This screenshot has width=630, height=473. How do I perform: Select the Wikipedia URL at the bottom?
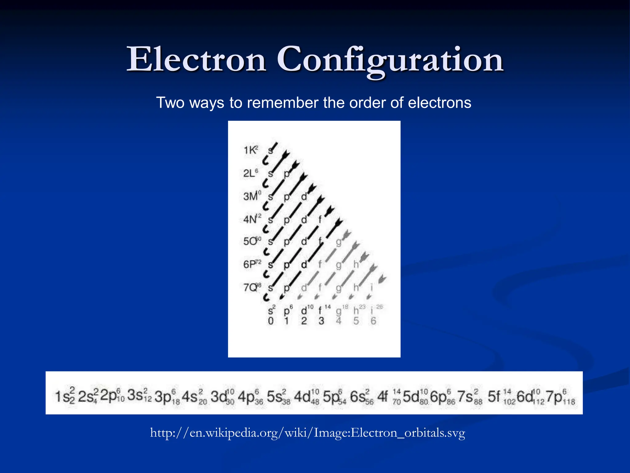coord(308,433)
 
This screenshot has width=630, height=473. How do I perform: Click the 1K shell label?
coord(250,150)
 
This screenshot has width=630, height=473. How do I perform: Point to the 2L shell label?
coord(250,173)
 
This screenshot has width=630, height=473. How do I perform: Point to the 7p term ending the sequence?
coord(560,397)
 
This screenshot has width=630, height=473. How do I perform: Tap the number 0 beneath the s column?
coord(270,321)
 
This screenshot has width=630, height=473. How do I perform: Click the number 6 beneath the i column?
coord(373,321)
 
